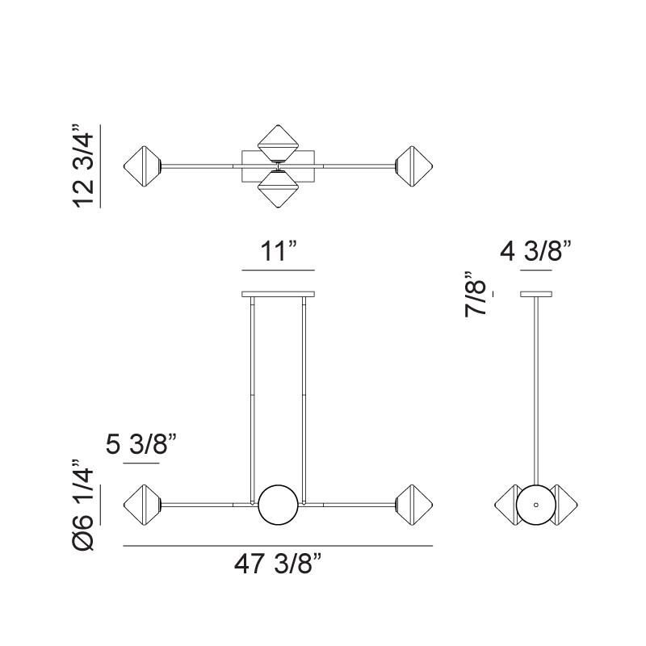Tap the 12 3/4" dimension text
84,166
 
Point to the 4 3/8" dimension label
536,251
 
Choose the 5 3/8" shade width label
141,445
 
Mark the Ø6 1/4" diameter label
84,505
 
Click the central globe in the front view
279,505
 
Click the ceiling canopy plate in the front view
279,293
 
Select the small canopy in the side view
535,293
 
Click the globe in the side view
535,505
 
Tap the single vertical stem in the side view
535,388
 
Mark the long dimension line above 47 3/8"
278,547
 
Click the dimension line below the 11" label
278,270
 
